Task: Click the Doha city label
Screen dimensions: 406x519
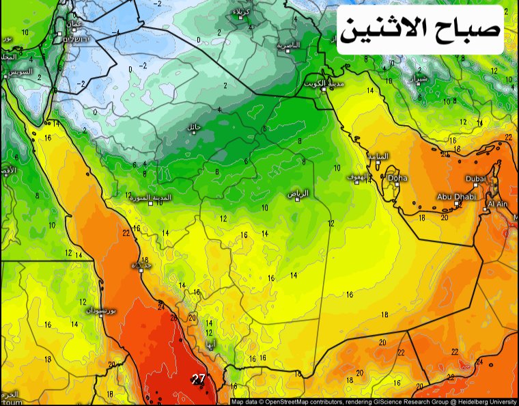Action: (397, 178)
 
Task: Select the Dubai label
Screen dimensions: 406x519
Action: (476, 179)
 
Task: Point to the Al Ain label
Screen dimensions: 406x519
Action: (498, 204)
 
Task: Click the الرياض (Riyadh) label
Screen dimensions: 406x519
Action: (298, 194)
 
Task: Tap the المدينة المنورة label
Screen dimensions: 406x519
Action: (152, 198)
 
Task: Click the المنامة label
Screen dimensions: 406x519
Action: (378, 156)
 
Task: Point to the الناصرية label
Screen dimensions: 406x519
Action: (288, 45)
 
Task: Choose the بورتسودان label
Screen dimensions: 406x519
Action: (102, 311)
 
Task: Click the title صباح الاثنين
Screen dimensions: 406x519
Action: (421, 29)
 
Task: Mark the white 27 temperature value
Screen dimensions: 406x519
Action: (199, 378)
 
